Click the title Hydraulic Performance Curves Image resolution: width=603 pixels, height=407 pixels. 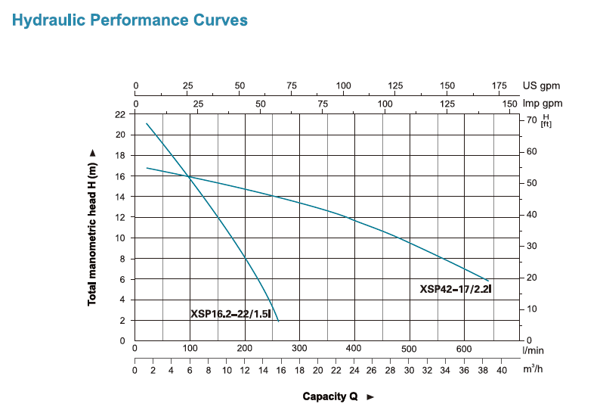(130, 20)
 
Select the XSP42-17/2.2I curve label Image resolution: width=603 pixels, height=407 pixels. (456, 289)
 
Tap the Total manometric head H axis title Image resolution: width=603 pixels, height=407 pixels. (93, 227)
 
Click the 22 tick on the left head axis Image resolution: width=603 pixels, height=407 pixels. (120, 114)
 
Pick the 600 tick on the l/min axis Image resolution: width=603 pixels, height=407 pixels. (465, 350)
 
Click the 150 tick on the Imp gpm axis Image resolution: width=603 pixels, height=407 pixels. (509, 103)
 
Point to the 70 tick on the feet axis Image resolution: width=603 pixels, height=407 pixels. (531, 120)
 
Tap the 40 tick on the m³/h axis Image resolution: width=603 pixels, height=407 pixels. (501, 370)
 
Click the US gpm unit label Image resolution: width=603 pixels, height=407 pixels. (542, 86)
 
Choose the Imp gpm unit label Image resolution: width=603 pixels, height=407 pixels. (542, 103)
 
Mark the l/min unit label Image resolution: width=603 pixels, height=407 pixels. (533, 350)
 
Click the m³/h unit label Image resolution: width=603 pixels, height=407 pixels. (533, 370)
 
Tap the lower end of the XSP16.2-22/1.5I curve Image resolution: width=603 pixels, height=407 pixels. (278, 322)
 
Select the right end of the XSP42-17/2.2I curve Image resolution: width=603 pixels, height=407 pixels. (489, 281)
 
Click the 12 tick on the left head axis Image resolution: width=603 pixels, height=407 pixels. (120, 218)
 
